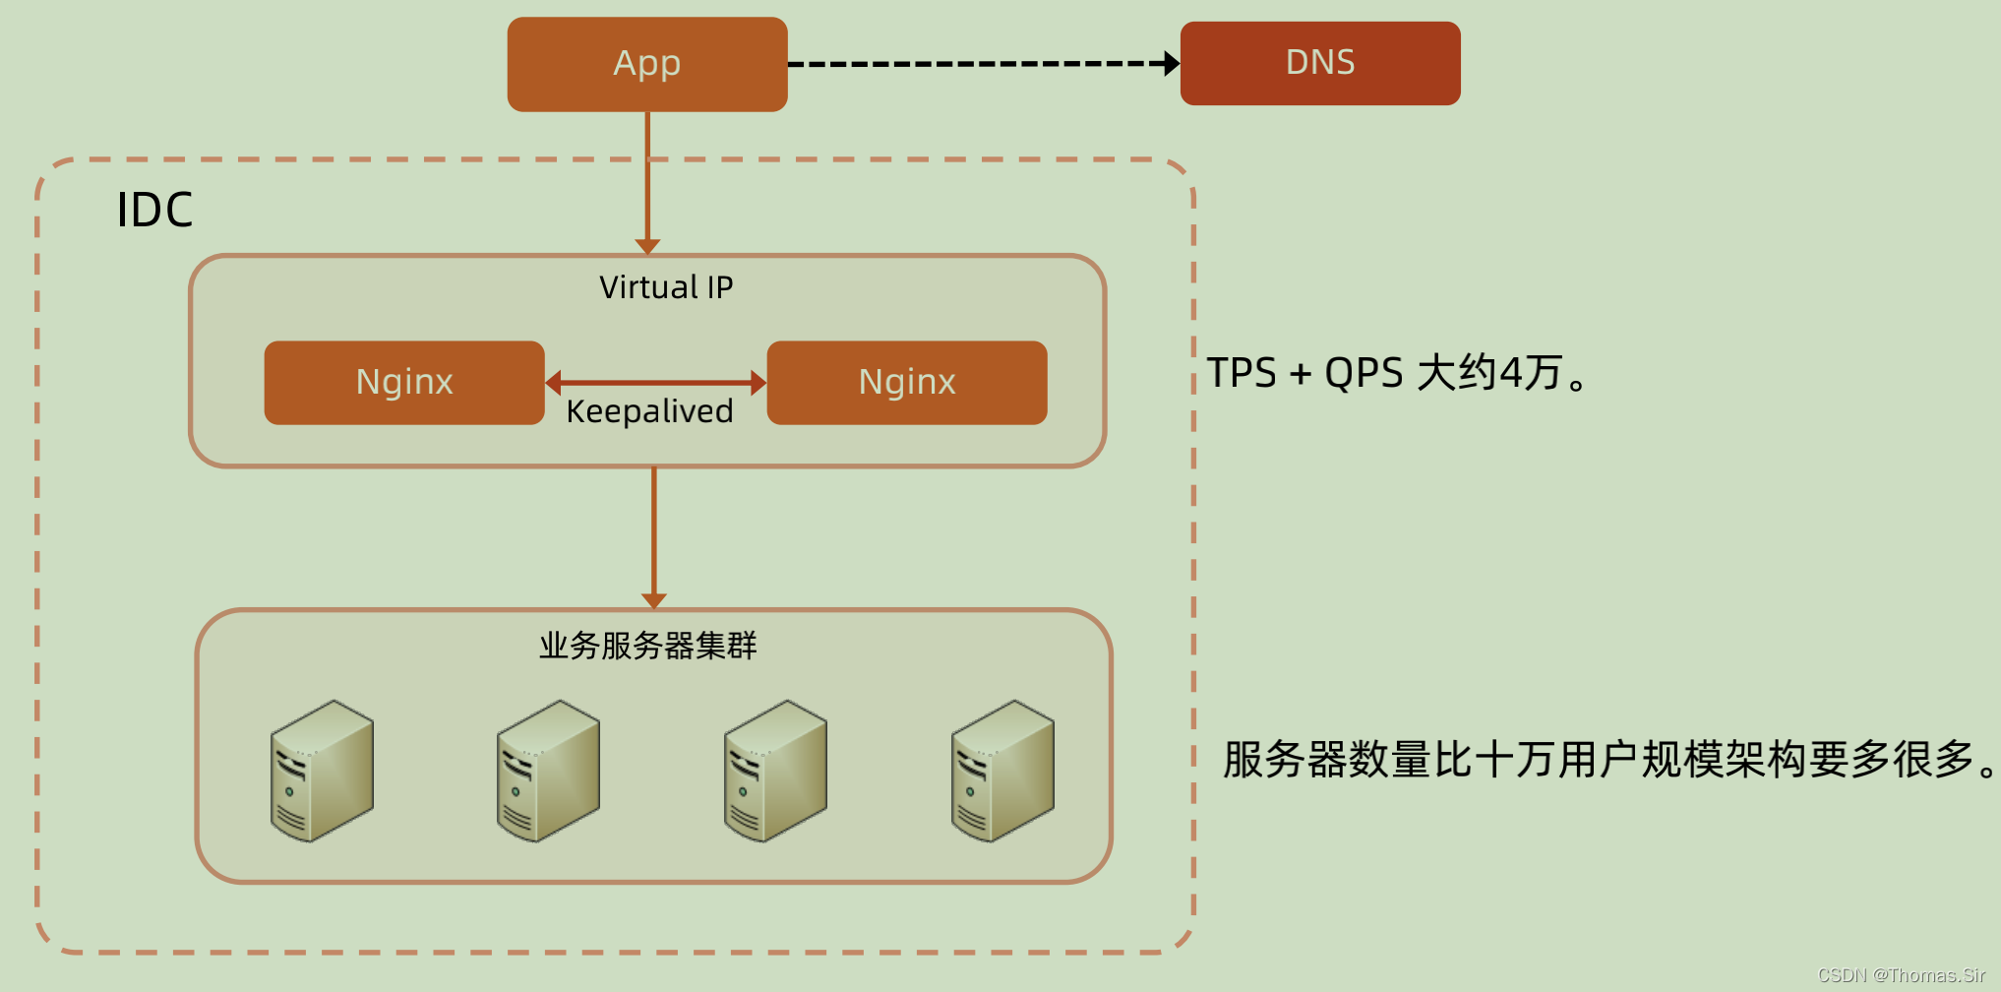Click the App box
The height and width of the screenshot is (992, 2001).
646,64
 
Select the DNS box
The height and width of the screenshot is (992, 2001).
1319,63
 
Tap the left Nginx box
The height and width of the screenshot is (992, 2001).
404,383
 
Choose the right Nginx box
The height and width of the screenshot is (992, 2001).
906,383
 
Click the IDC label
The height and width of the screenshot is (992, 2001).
154,210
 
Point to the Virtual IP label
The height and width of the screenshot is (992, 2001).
666,287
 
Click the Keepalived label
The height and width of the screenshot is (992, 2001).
649,411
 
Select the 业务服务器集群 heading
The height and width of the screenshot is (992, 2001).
647,646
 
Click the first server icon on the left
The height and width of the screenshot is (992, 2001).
322,771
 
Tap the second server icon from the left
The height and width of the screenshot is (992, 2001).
548,771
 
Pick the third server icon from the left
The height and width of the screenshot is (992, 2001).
775,771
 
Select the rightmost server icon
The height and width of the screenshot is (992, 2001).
1002,771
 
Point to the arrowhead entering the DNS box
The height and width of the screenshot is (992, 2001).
1171,64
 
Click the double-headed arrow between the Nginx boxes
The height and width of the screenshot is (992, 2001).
655,382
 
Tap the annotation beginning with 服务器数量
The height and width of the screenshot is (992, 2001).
1609,760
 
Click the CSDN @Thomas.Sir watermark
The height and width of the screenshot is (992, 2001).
1901,975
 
